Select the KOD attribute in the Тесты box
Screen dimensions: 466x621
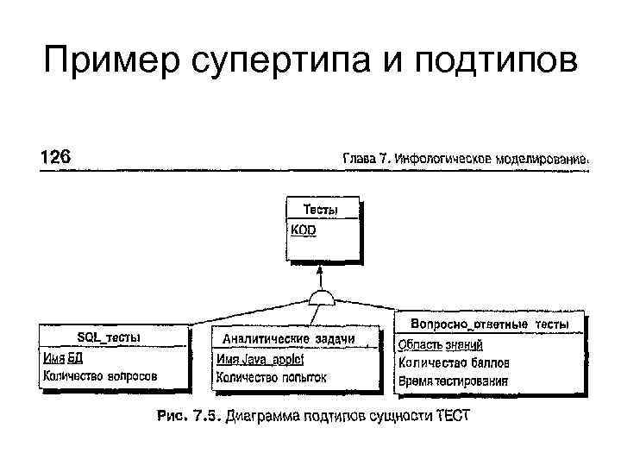click(304, 230)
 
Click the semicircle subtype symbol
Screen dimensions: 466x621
click(322, 298)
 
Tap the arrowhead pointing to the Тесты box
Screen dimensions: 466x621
click(322, 269)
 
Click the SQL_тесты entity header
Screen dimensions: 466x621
click(110, 337)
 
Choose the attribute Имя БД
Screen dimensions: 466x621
click(63, 358)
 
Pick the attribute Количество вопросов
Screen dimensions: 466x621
click(100, 376)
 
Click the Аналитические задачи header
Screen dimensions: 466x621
click(294, 338)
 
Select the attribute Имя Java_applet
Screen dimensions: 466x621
click(260, 359)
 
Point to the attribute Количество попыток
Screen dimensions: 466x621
click(272, 377)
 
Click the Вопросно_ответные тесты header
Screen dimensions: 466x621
click(489, 324)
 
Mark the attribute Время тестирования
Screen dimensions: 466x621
click(453, 381)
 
